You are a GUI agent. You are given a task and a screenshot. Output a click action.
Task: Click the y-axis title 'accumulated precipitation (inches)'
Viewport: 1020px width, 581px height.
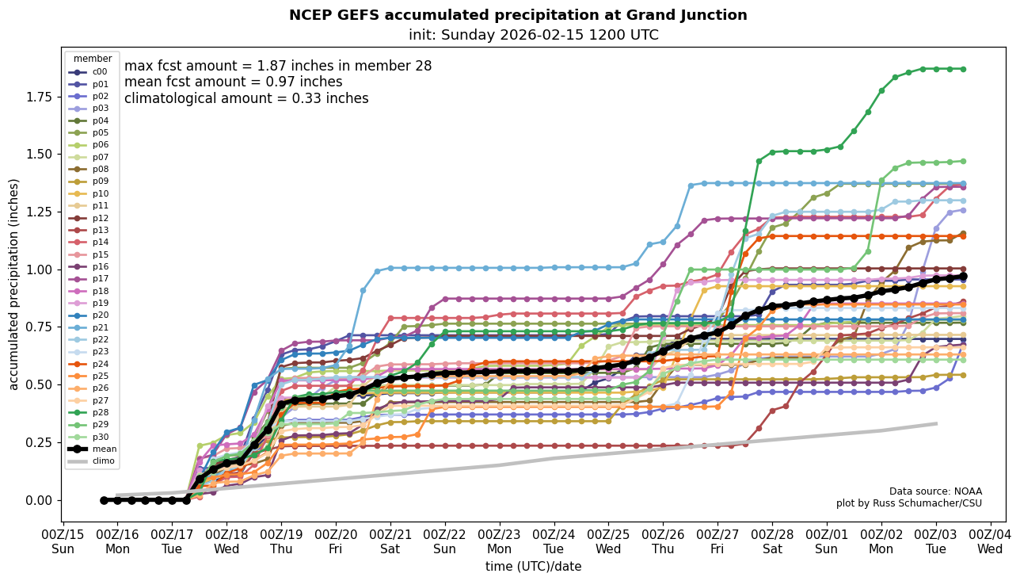click(x=13, y=284)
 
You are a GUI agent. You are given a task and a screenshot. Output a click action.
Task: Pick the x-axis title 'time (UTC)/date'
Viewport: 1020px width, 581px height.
click(x=533, y=567)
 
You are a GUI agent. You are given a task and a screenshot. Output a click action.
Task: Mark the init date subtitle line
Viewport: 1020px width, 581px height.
click(x=533, y=35)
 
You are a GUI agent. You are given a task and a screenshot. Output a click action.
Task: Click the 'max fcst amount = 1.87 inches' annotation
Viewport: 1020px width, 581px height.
click(x=278, y=66)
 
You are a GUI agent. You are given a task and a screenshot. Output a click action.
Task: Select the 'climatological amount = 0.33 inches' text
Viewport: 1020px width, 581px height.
click(x=246, y=98)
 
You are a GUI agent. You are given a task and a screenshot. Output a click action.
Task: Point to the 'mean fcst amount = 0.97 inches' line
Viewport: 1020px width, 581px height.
click(x=234, y=82)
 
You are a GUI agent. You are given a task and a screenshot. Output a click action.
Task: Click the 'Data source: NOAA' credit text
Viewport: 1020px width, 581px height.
click(x=935, y=491)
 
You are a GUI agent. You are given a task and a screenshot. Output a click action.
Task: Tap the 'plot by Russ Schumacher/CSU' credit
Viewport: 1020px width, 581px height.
click(x=908, y=503)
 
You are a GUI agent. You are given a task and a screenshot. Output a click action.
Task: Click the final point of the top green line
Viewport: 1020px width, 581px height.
click(x=963, y=69)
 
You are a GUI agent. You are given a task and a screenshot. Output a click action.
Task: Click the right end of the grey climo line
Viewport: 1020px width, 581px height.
click(x=936, y=423)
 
